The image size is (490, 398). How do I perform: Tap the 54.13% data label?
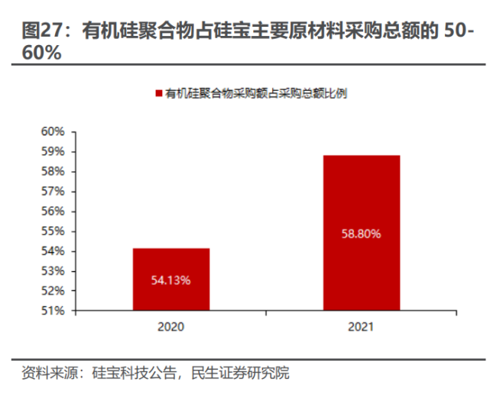171,280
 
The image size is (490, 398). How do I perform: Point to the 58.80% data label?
361,234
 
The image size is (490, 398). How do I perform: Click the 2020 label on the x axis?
171,325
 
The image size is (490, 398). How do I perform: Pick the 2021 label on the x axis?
361,325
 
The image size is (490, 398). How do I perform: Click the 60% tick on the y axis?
54,131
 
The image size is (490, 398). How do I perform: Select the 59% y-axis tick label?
54,151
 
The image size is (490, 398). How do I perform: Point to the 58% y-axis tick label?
54,171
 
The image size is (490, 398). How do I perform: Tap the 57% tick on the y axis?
54,191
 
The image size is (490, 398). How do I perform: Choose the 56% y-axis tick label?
54,211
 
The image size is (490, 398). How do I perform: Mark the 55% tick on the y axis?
54,231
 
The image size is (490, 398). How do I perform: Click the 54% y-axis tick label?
54,251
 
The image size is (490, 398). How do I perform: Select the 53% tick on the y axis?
54,271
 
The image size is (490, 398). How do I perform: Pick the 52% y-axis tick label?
54,291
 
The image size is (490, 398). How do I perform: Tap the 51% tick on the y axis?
54,311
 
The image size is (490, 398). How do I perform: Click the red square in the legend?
158,93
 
